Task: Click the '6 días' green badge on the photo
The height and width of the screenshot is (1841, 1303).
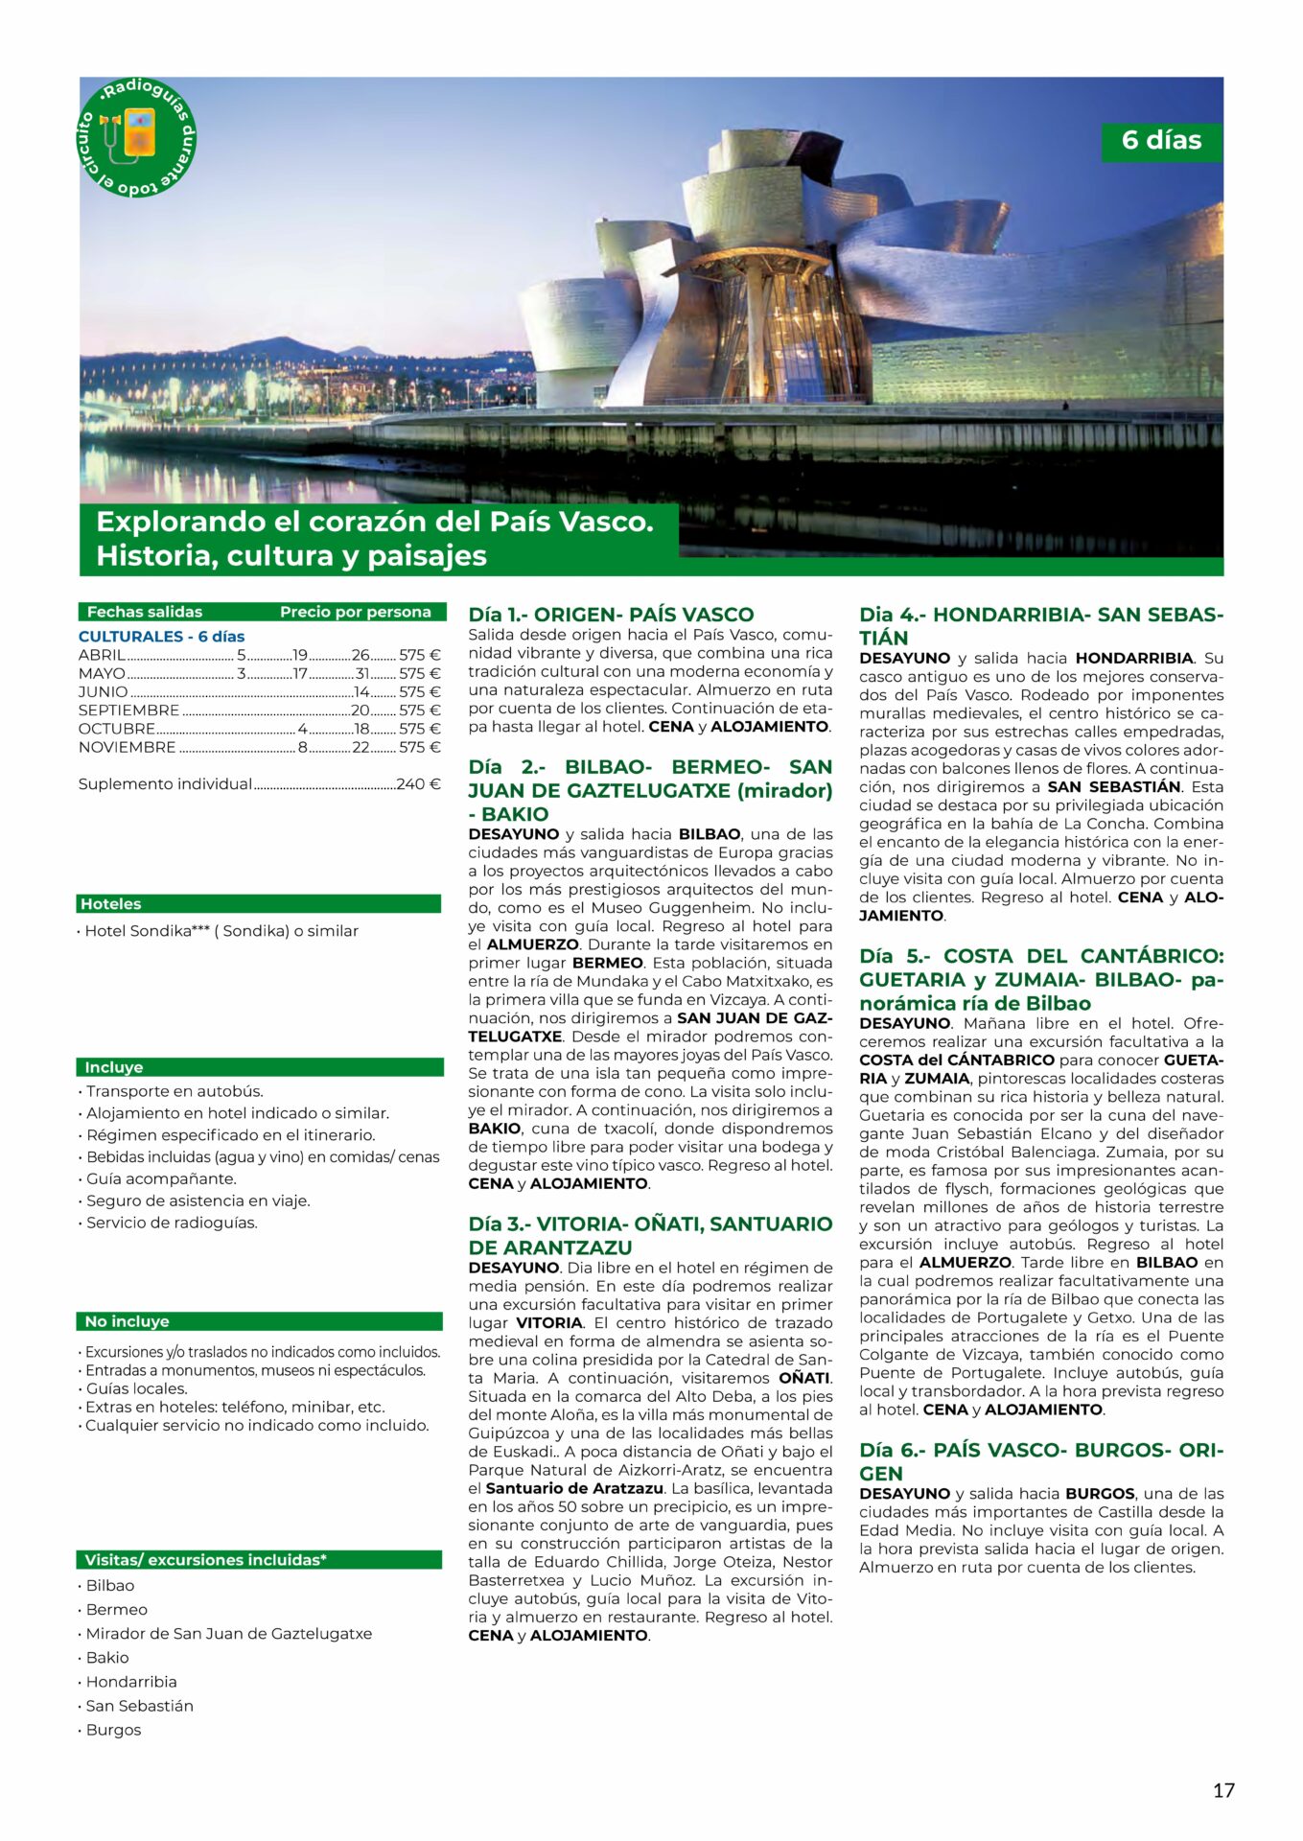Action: tap(1161, 140)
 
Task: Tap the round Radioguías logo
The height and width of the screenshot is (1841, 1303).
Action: tap(136, 137)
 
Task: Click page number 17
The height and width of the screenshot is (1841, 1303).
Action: tap(1223, 1789)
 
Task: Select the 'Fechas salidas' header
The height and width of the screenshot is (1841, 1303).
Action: tap(145, 612)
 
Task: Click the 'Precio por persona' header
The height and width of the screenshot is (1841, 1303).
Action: tap(355, 612)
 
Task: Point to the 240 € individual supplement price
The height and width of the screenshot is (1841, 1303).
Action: tap(418, 783)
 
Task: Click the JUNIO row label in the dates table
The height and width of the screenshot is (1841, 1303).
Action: tap(103, 691)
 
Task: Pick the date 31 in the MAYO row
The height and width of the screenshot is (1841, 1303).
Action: tap(361, 673)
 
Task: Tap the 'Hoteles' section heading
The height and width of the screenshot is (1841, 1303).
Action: tap(111, 903)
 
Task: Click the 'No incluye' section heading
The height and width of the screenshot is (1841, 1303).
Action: tap(127, 1320)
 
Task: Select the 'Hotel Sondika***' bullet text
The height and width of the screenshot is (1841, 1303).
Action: tap(221, 930)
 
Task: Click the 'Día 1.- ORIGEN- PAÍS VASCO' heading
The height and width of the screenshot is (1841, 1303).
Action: tap(611, 615)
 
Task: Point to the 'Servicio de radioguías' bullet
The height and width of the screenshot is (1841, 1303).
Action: tap(172, 1223)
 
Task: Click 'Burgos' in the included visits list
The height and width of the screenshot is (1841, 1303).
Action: tap(113, 1729)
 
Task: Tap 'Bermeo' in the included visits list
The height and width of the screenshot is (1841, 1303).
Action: tap(116, 1609)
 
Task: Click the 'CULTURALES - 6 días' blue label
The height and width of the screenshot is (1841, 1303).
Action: tap(161, 636)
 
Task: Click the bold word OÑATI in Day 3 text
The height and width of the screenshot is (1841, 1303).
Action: tap(803, 1378)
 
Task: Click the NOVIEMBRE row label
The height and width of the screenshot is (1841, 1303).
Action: tap(127, 747)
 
